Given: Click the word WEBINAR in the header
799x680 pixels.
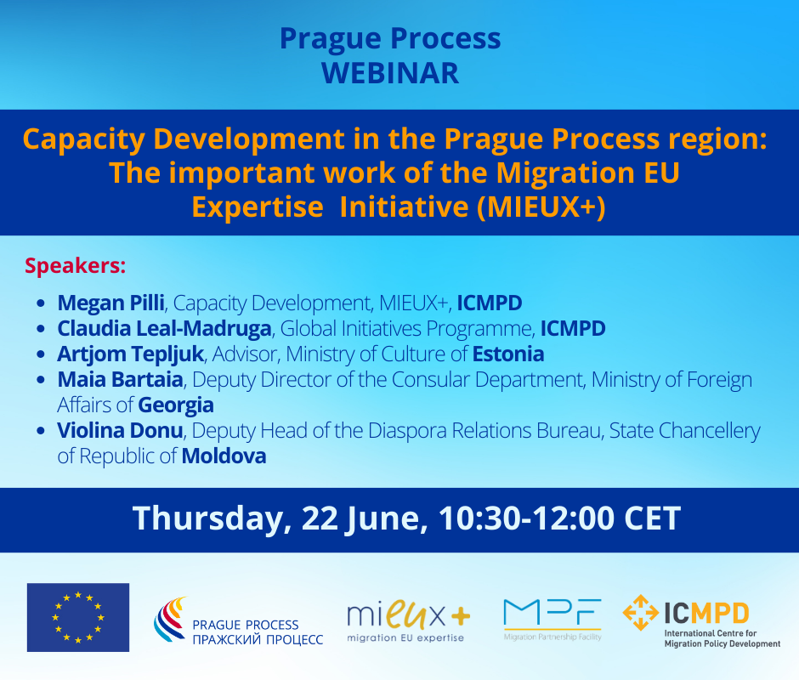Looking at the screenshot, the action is (390, 73).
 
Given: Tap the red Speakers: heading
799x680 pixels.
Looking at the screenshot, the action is (76, 266).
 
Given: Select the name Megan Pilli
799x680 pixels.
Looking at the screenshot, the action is (110, 303).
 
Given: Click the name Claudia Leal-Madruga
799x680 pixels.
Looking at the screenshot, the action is (164, 328).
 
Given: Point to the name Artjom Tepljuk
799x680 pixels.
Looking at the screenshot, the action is (130, 354).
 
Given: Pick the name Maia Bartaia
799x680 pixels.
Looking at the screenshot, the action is (120, 379).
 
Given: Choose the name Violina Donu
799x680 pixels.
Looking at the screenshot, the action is (120, 430).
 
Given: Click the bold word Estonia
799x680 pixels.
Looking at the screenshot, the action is (508, 354).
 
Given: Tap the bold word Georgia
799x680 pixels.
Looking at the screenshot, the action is (176, 405).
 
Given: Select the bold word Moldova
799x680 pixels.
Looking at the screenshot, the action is (224, 456).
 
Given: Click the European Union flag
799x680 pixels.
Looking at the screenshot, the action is (78, 617).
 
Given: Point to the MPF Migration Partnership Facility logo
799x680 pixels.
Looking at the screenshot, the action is (552, 620).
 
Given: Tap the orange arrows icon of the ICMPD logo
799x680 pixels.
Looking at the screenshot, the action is (641, 613).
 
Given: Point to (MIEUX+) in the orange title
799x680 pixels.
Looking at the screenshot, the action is (541, 207).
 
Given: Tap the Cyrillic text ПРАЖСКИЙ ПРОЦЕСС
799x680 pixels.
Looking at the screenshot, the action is (258, 639).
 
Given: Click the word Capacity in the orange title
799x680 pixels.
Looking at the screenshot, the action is (84, 139).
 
